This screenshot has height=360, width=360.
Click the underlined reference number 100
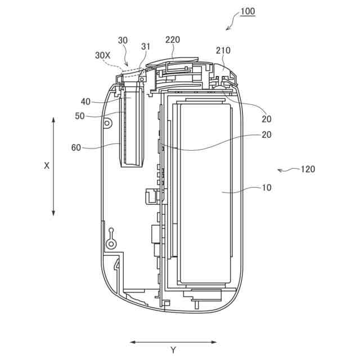(248, 11)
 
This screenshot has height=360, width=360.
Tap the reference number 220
(173, 40)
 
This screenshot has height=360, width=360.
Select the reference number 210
(223, 50)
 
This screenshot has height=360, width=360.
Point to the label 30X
(102, 55)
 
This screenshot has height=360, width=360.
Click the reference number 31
(146, 47)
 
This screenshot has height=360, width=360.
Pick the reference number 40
(85, 102)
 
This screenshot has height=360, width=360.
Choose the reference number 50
(80, 116)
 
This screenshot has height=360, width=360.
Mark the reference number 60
(76, 147)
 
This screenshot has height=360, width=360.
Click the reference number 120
(308, 169)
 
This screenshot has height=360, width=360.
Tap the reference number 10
(267, 187)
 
